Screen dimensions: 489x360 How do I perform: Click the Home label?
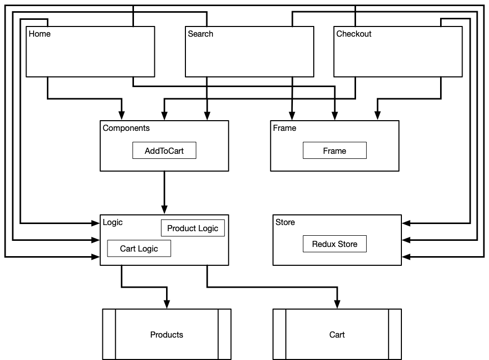point(40,34)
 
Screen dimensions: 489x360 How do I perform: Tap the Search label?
point(200,34)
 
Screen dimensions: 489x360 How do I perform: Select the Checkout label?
point(354,34)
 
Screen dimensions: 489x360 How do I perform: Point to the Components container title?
point(126,128)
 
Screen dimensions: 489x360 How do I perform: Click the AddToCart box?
point(164,151)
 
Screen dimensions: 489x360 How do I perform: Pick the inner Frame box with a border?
point(334,151)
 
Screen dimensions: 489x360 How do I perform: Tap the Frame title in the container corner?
point(284,128)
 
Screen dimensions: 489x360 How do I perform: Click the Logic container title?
point(113,223)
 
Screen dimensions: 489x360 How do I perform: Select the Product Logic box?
point(193,228)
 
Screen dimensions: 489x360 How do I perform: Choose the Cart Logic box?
point(139,248)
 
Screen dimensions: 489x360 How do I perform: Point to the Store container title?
point(285,223)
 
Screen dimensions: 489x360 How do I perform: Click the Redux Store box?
point(334,244)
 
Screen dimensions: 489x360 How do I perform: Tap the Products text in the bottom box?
point(167,335)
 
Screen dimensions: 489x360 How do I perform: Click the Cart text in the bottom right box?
point(337,335)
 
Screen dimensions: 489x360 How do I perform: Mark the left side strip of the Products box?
point(109,334)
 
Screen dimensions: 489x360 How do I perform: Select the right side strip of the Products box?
point(224,334)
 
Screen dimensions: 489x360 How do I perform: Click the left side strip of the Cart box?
point(279,334)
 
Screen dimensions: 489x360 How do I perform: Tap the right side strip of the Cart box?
point(395,334)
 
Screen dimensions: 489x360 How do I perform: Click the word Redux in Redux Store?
point(323,244)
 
